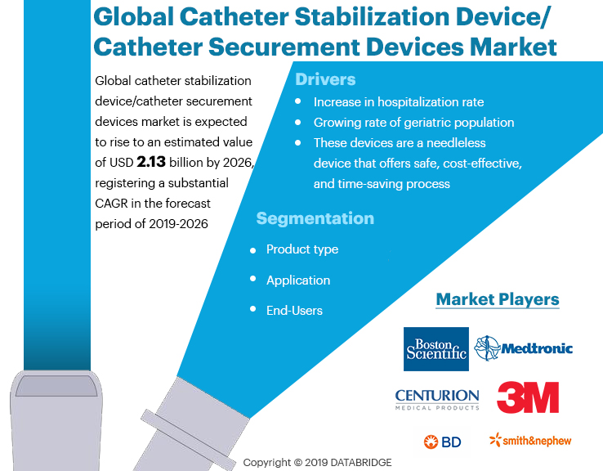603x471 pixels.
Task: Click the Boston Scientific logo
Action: point(436,349)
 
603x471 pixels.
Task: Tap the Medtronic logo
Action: point(524,348)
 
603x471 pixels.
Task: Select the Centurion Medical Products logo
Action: point(436,399)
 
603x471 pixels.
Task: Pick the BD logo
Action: point(442,442)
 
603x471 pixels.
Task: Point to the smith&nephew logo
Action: point(530,441)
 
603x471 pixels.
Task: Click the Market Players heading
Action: point(497,299)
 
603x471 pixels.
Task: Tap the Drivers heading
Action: point(325,79)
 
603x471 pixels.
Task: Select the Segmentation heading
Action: point(315,218)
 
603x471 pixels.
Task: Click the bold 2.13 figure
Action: point(151,162)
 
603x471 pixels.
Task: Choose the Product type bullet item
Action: point(301,249)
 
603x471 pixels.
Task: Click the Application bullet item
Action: point(298,280)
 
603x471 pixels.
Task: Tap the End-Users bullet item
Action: point(294,311)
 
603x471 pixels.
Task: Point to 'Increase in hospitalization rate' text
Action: point(399,102)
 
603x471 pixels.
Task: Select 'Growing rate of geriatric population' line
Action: point(413,123)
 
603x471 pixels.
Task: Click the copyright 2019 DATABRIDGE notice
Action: point(317,462)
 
